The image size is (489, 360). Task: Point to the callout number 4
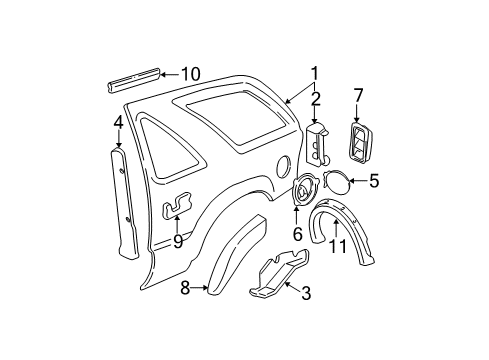(118, 127)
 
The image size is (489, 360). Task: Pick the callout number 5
(375, 181)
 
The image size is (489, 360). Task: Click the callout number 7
(358, 96)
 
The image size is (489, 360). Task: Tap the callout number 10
(190, 73)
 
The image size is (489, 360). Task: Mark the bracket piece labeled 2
(321, 141)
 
